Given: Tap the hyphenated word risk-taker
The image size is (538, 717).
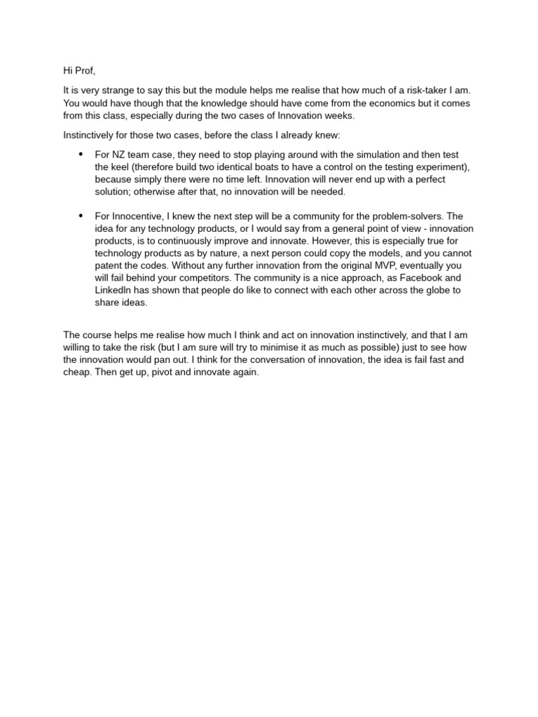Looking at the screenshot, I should (411, 91).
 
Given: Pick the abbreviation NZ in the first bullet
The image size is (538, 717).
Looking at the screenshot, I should (119, 155).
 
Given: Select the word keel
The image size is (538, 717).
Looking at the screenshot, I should (120, 167).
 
